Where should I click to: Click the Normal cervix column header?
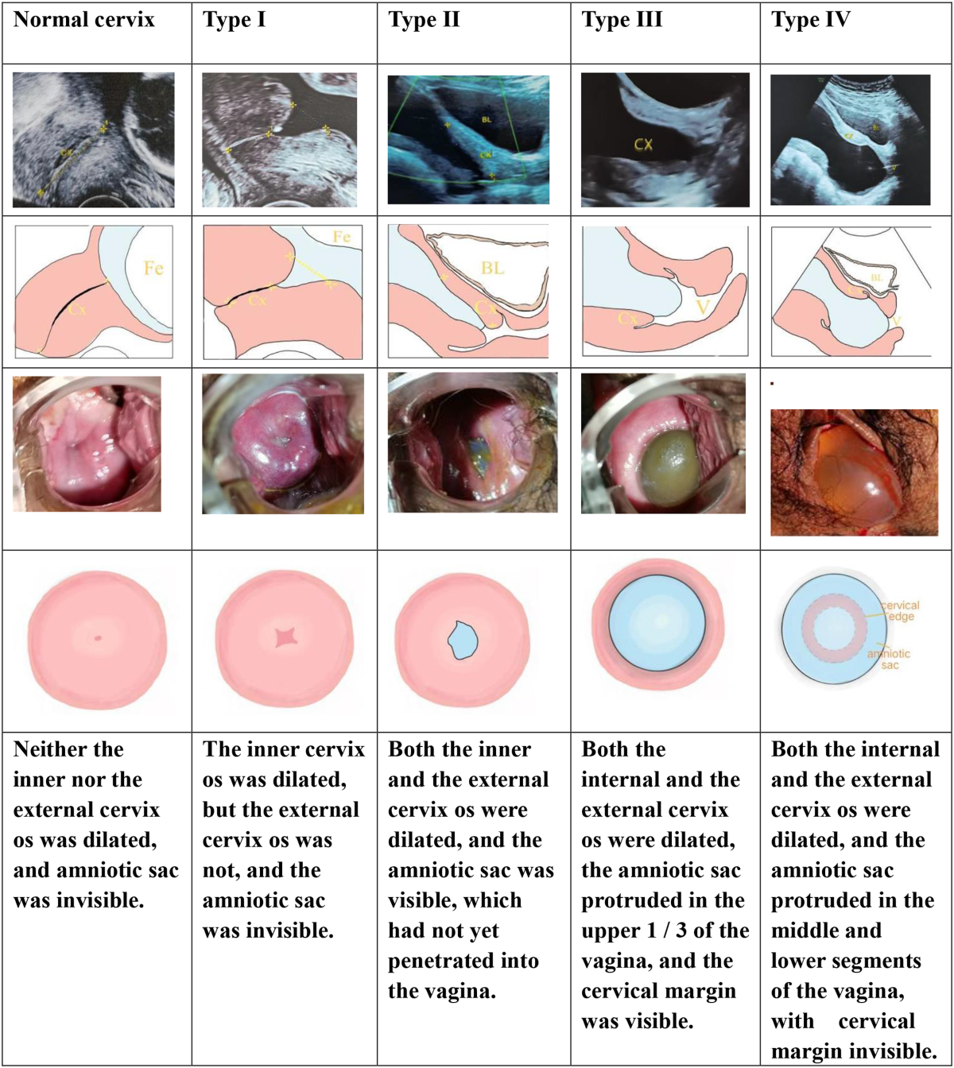84,20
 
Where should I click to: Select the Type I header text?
235,20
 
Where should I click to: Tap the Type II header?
424,20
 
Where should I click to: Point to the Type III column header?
622,20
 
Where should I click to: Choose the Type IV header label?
811,20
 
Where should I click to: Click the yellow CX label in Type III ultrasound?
644,145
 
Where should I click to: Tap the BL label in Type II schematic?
493,269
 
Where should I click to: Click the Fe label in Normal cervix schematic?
153,269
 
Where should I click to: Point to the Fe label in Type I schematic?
342,237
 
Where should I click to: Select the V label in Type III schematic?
703,308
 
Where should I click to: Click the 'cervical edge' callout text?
901,611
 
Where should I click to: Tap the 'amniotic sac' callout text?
889,660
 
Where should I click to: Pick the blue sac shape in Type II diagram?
462,640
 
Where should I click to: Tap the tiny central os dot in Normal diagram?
98,637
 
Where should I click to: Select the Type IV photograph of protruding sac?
854,472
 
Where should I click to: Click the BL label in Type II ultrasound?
487,119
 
